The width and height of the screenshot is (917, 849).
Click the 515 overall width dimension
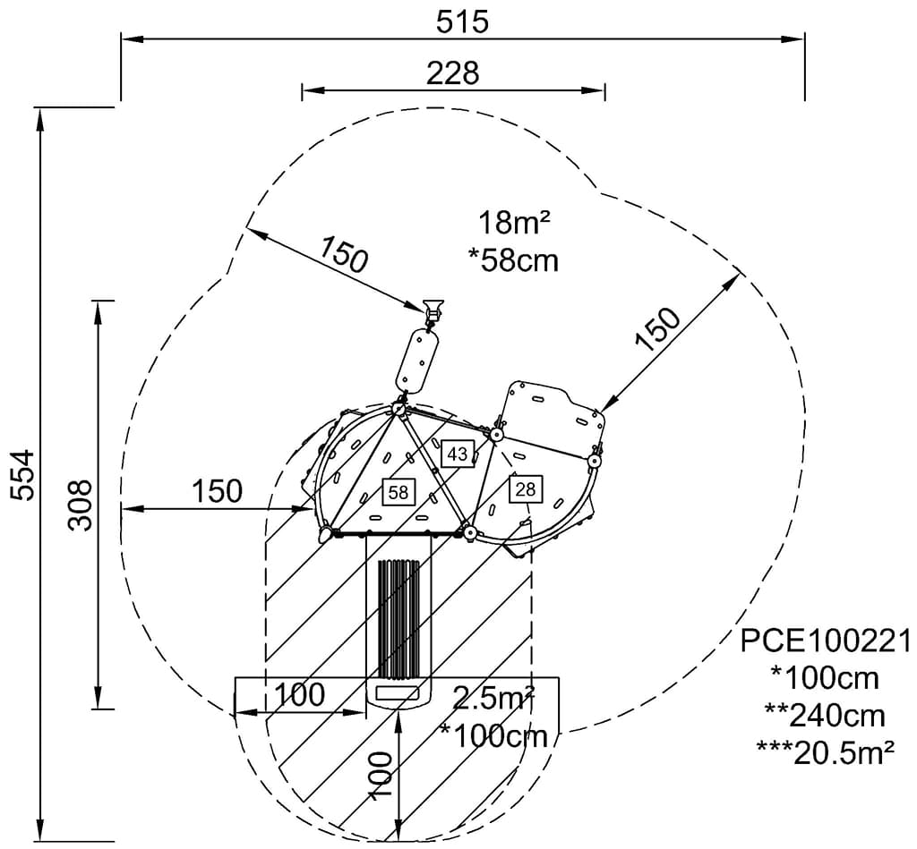click(462, 22)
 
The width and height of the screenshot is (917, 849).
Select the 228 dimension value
click(452, 73)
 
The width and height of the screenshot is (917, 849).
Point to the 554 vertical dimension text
click(23, 474)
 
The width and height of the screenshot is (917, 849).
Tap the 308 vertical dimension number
click(80, 505)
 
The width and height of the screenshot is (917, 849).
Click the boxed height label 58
click(399, 492)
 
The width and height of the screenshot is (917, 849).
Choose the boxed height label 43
click(458, 454)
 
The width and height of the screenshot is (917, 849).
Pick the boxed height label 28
click(526, 488)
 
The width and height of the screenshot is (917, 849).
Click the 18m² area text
click(514, 223)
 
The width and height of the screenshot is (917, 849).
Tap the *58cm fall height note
click(513, 260)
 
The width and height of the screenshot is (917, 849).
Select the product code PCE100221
click(826, 641)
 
